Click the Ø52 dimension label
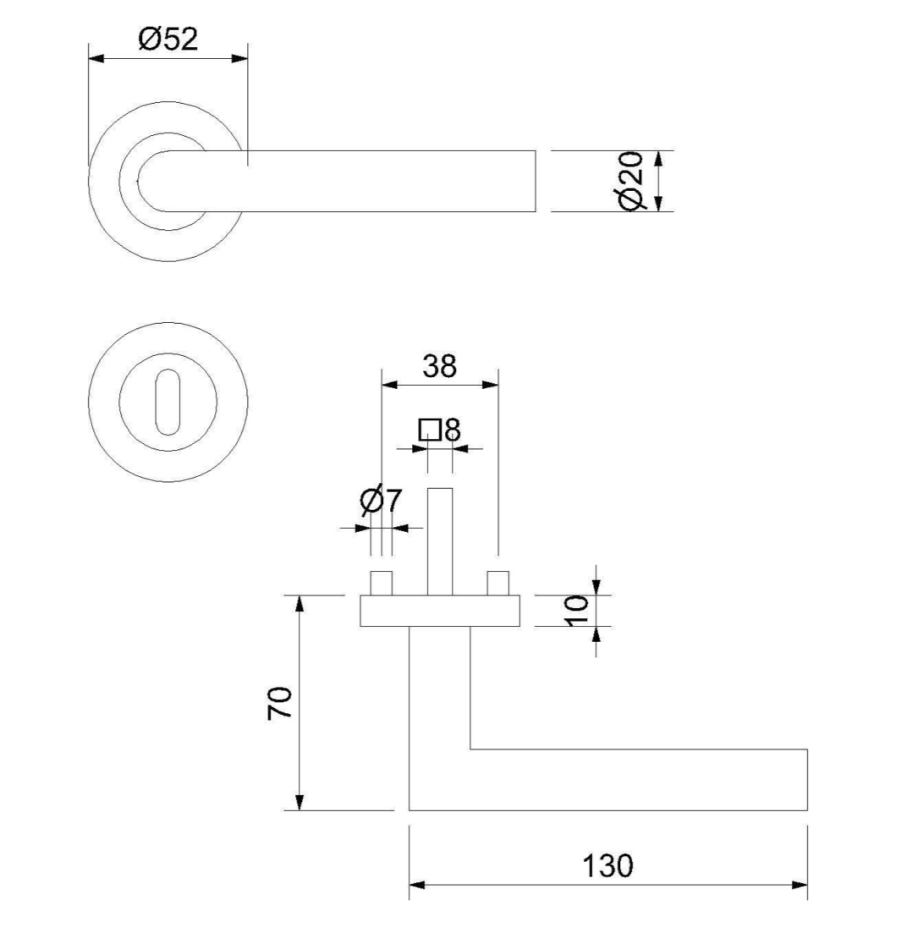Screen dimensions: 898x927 [x=168, y=39]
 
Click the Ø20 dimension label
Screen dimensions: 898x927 [x=630, y=181]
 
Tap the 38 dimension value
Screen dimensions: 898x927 [x=440, y=367]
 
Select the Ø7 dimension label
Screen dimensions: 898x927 [x=381, y=501]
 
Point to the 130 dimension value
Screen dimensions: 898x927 [x=608, y=866]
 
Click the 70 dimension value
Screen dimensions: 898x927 [x=280, y=703]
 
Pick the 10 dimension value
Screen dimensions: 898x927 [x=577, y=610]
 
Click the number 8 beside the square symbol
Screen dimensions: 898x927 [x=452, y=430]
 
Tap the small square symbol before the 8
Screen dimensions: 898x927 [x=429, y=430]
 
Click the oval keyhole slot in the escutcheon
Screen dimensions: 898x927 [x=168, y=402]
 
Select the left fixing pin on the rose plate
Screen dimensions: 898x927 [x=381, y=584]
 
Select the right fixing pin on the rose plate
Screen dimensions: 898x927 [x=498, y=584]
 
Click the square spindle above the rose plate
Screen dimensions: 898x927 [x=440, y=541]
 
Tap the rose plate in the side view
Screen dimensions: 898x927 [x=440, y=610]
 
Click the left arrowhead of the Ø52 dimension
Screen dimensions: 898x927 [x=97, y=59]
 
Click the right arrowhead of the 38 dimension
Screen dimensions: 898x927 [x=491, y=385]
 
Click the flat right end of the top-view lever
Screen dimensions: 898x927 [x=535, y=181]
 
